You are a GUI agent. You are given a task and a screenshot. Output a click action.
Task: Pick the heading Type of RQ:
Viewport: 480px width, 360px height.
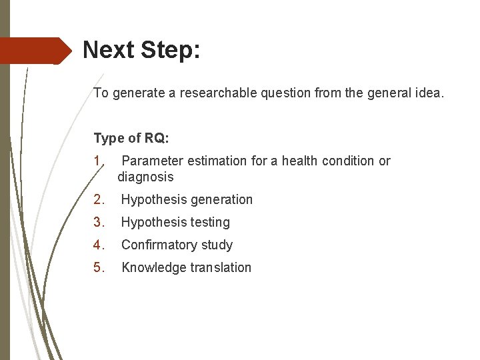(x=131, y=139)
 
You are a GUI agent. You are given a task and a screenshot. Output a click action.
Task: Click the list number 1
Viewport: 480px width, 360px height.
(x=98, y=161)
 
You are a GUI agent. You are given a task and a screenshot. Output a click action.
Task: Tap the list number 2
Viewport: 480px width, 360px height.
(x=98, y=199)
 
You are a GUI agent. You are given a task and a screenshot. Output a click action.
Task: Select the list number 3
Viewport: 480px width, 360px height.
(x=98, y=222)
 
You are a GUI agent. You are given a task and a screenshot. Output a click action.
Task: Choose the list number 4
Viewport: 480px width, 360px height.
(x=98, y=245)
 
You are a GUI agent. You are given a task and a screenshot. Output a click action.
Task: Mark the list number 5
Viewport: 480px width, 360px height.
(x=98, y=267)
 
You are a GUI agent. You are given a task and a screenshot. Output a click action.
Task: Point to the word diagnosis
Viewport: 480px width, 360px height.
(x=145, y=177)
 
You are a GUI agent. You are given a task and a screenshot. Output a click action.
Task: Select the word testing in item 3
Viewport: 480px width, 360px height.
(x=207, y=222)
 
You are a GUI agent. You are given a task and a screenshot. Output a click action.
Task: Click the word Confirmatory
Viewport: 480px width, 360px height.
(x=157, y=245)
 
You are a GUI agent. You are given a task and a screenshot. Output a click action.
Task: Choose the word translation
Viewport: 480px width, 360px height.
(x=219, y=267)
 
